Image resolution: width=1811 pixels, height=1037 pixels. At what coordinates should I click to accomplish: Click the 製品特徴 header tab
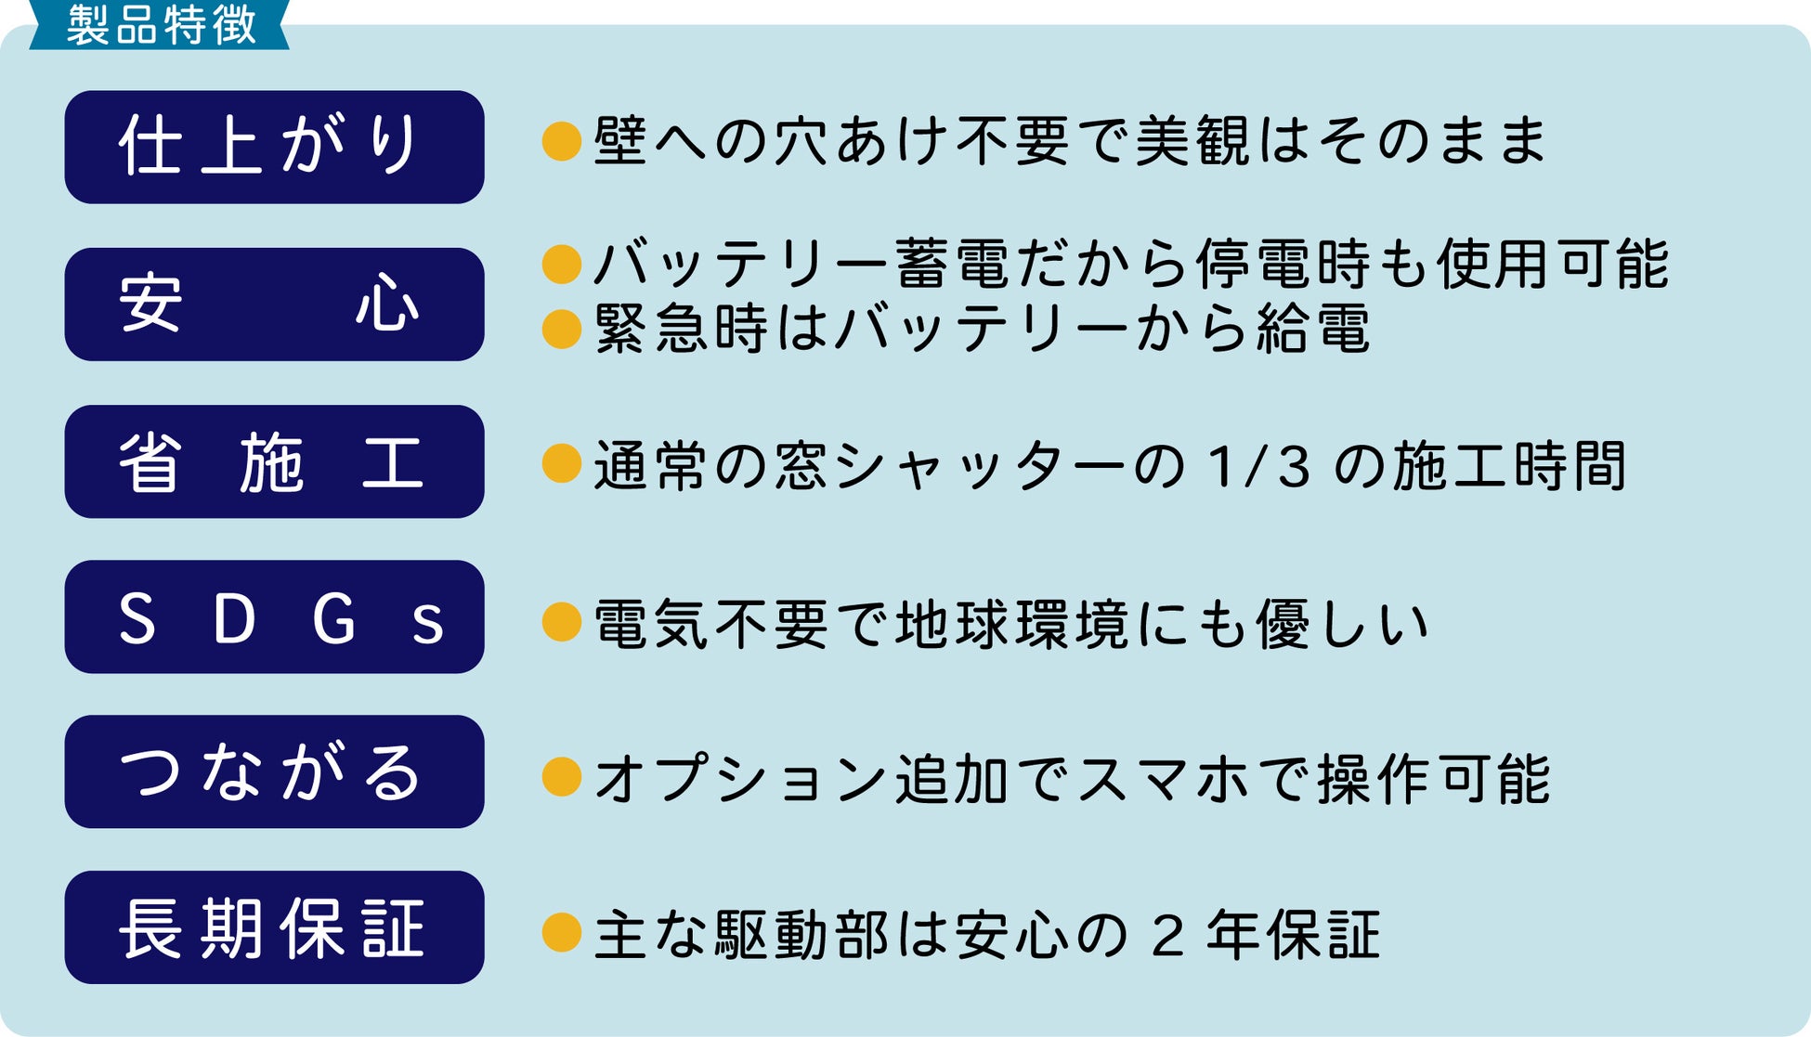(x=160, y=25)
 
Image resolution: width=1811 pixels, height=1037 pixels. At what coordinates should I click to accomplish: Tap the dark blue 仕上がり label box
(x=274, y=147)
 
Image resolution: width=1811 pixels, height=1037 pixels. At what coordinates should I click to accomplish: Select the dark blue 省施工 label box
(x=274, y=461)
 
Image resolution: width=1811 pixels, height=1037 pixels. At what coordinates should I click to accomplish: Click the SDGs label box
(x=274, y=616)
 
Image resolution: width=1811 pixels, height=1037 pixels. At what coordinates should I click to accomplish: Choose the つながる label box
(x=274, y=771)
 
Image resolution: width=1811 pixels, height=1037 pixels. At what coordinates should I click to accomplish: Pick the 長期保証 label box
(x=274, y=927)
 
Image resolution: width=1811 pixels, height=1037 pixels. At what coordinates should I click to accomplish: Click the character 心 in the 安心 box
(x=386, y=305)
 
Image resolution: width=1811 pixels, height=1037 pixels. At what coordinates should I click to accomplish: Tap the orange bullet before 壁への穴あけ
(x=561, y=141)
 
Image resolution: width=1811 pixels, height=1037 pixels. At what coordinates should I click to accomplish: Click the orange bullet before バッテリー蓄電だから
(x=561, y=265)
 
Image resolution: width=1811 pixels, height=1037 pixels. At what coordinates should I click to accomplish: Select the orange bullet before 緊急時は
(x=561, y=329)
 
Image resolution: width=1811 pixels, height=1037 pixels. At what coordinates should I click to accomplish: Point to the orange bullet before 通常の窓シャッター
(x=561, y=463)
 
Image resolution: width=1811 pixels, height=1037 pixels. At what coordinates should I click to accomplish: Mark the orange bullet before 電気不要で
(x=561, y=622)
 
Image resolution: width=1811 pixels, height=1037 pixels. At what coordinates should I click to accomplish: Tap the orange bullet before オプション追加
(x=561, y=777)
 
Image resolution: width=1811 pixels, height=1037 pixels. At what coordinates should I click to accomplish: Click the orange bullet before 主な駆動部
(x=561, y=932)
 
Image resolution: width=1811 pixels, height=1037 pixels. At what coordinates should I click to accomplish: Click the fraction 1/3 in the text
(x=1259, y=467)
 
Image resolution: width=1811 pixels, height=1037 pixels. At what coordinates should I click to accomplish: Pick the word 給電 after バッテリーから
(x=1313, y=330)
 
